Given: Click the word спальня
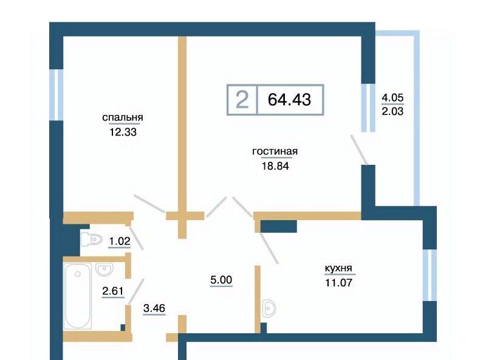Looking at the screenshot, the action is [x=123, y=118].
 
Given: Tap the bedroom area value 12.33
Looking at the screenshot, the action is [x=123, y=132].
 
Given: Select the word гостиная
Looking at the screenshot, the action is [x=275, y=152].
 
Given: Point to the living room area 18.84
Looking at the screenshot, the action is [x=275, y=166].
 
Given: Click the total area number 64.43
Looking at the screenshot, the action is [x=289, y=100].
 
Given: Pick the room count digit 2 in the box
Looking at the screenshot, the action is [x=242, y=100].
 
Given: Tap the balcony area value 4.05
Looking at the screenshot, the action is [x=392, y=98].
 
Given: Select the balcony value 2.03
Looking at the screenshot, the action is [x=392, y=111].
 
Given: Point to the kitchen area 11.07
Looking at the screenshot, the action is [x=338, y=283].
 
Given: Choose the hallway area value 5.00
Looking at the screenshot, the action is [x=221, y=280].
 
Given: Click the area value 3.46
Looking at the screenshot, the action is [x=154, y=308].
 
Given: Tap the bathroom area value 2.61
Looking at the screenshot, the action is [x=113, y=291].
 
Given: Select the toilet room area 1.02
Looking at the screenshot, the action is [x=119, y=241].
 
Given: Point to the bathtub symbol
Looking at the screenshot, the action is [x=78, y=296].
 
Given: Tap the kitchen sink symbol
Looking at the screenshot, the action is [x=269, y=308].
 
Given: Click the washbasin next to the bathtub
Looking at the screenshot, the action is [x=104, y=269].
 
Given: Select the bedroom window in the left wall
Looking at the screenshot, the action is [x=56, y=95].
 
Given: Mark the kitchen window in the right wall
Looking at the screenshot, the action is [x=430, y=275].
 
